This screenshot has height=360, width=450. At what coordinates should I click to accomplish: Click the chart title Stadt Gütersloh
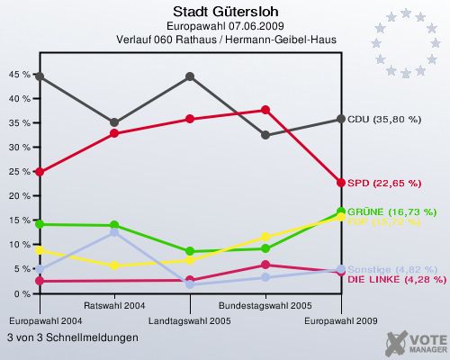click(x=225, y=12)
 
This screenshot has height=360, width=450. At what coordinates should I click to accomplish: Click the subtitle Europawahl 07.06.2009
click(x=225, y=26)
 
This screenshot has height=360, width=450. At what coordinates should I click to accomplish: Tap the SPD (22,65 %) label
click(x=384, y=183)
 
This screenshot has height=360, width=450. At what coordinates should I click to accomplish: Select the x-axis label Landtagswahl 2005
click(x=190, y=320)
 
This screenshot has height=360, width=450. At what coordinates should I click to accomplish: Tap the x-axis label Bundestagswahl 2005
click(x=265, y=305)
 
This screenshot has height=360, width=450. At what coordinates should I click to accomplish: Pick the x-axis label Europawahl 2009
click(x=340, y=320)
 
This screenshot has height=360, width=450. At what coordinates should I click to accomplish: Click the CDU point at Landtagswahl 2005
click(x=190, y=76)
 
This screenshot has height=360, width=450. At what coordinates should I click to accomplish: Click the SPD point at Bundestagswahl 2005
click(x=265, y=110)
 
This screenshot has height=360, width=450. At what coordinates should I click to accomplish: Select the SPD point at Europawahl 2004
click(x=40, y=172)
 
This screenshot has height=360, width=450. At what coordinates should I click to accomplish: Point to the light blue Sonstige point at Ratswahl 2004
click(x=114, y=232)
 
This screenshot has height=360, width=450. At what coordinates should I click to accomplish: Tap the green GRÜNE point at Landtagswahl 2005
click(x=190, y=252)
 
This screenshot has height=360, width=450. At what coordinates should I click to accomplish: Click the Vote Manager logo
click(x=415, y=343)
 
